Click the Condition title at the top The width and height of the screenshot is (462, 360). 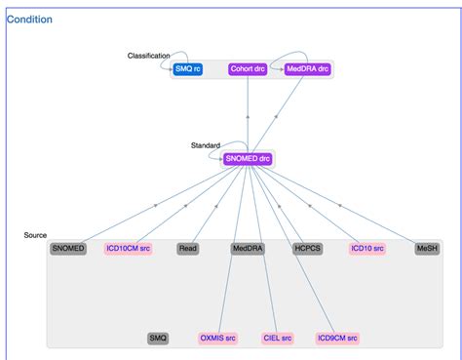click(x=30, y=20)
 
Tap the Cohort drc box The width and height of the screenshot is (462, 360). click(x=249, y=69)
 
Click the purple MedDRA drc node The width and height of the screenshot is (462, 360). click(x=308, y=69)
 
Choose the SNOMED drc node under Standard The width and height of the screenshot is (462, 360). click(x=248, y=158)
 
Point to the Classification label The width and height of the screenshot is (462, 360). click(x=148, y=56)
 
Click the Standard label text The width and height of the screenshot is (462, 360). click(x=205, y=145)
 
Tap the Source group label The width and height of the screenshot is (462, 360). click(x=35, y=235)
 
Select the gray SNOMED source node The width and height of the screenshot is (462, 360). click(x=68, y=249)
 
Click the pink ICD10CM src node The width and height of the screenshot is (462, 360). click(x=129, y=249)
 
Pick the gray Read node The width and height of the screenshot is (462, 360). click(x=188, y=249)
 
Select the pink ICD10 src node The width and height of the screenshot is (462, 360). click(x=367, y=249)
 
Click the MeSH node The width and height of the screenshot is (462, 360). click(x=427, y=249)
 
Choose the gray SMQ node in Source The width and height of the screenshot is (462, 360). click(x=158, y=338)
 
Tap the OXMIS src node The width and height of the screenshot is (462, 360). click(x=218, y=338)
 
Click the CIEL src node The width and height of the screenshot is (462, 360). click(x=278, y=338)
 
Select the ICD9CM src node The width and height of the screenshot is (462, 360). click(x=337, y=338)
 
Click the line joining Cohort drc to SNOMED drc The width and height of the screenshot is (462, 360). click(x=249, y=112)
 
